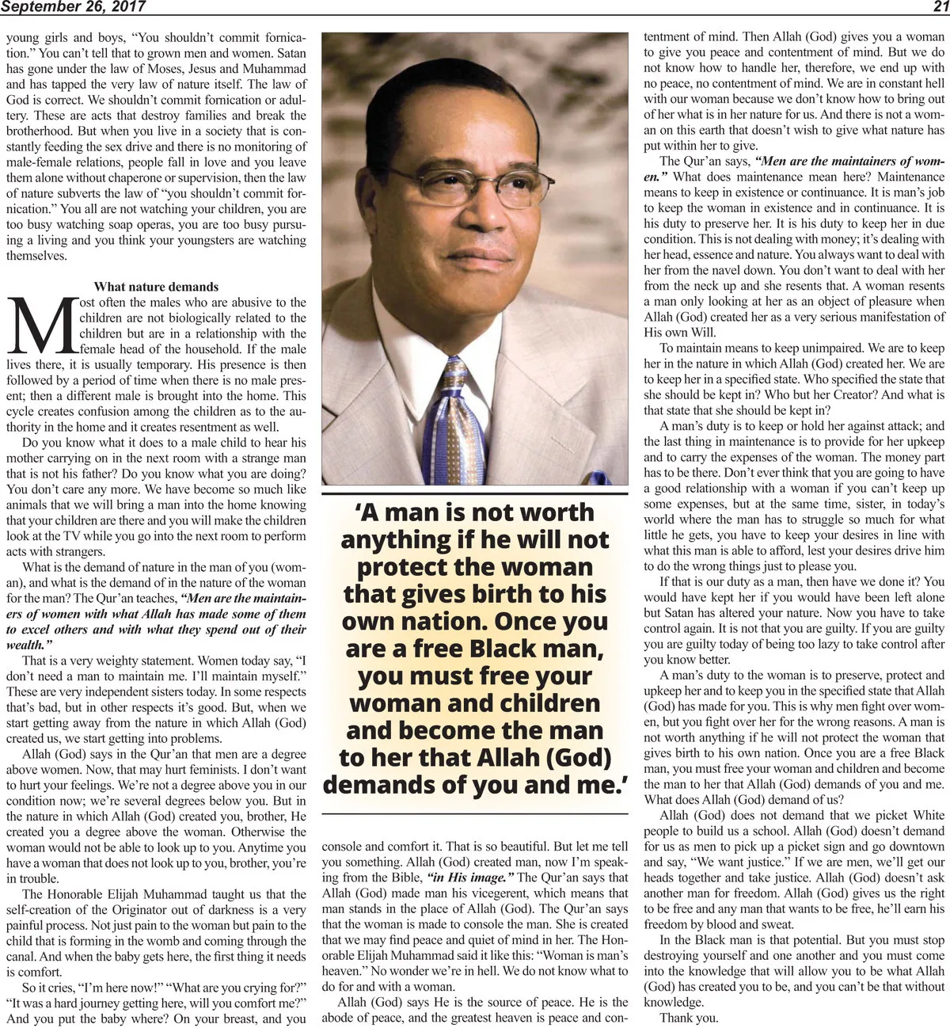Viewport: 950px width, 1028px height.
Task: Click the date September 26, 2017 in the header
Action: click(x=73, y=7)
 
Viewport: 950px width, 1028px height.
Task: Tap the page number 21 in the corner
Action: click(x=940, y=7)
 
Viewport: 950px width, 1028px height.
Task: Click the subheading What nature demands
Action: click(x=156, y=287)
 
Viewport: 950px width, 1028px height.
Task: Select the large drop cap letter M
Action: click(x=42, y=326)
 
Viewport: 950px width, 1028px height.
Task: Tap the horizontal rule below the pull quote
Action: click(x=475, y=813)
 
